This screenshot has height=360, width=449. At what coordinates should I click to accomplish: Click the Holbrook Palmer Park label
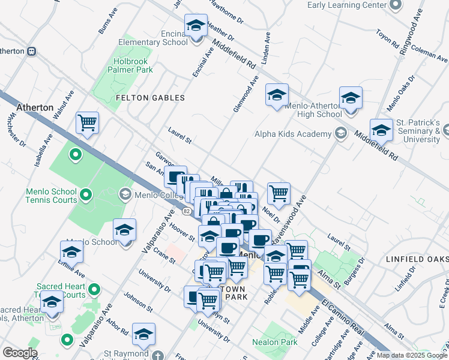click(131, 65)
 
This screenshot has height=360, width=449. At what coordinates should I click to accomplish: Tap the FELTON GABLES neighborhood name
click(141, 97)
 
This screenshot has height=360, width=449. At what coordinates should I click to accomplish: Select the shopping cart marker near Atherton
click(88, 124)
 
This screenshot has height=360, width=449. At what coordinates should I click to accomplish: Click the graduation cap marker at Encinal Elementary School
click(196, 26)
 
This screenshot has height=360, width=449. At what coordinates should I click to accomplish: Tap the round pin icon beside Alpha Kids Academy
click(341, 134)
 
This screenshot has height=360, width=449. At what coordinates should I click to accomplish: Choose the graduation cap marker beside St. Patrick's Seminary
click(381, 130)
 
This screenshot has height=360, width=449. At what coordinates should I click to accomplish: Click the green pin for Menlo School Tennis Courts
click(85, 195)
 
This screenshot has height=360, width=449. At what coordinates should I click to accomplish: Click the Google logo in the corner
click(20, 353)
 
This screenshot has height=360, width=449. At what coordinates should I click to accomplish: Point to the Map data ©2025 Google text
click(412, 355)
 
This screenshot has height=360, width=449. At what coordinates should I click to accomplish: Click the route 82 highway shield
click(187, 211)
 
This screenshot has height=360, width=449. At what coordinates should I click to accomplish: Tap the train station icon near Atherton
click(31, 50)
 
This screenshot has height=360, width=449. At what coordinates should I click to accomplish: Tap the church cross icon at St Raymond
click(158, 355)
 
